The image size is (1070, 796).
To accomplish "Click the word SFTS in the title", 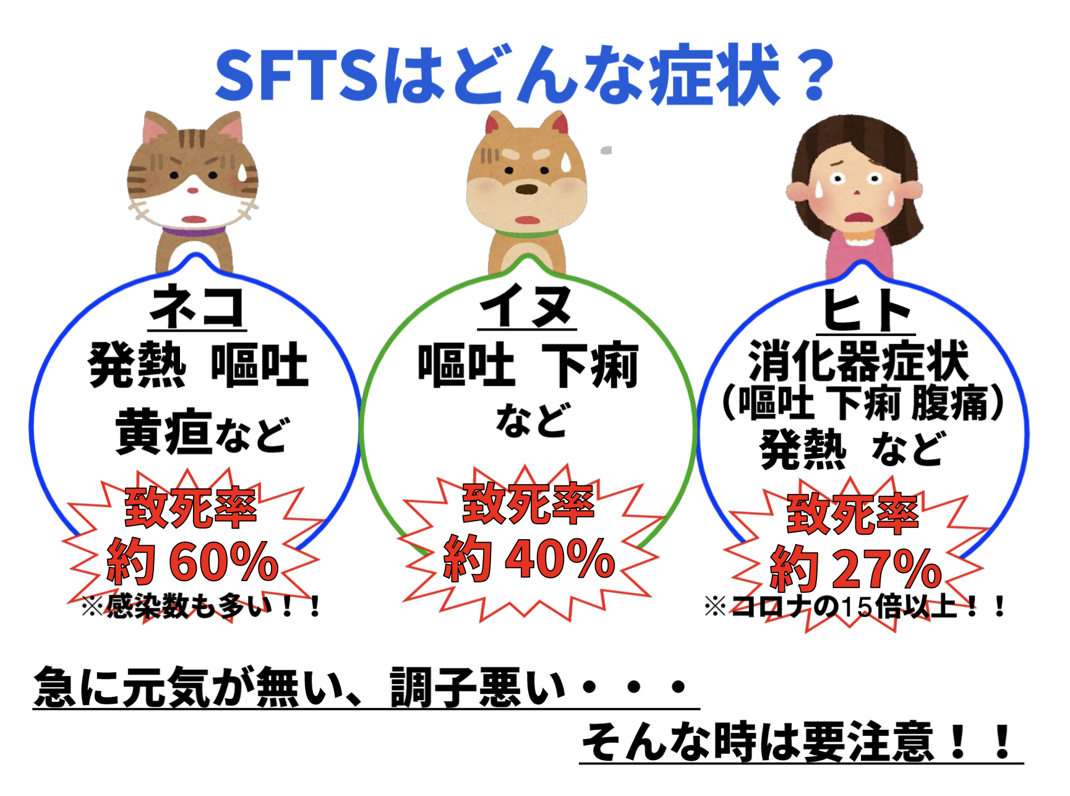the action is coord(297,76).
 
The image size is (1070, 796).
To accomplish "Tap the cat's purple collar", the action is coord(193,231).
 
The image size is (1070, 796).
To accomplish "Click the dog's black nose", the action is coord(526,189).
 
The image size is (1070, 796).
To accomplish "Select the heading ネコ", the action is coord(197,306).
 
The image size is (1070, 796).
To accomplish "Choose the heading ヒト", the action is coord(866,310).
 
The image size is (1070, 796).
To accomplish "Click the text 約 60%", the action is coord(192,561).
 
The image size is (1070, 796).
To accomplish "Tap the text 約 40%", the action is coord(529,558).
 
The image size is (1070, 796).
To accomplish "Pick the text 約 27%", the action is coord(855,568).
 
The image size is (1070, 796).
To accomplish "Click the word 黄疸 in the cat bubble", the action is coord(164,431).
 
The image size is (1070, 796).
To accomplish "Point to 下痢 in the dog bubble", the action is coord(589,365).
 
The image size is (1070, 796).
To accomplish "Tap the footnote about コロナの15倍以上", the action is coord(855,607).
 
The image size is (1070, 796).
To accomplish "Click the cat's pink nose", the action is coord(193,190).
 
